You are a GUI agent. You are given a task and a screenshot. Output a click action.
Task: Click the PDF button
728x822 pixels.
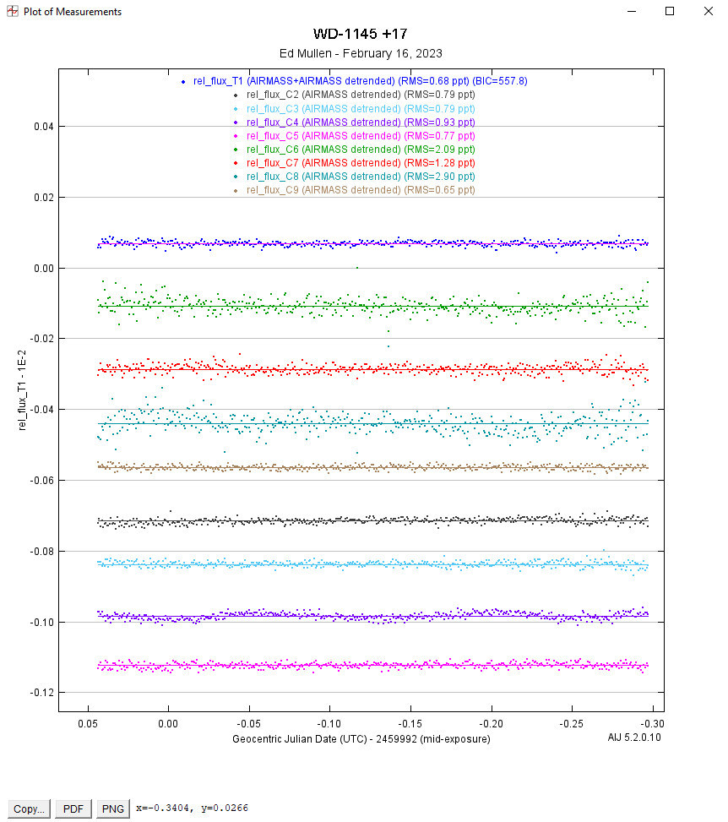click(73, 808)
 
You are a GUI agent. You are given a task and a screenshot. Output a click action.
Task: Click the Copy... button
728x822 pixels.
click(30, 808)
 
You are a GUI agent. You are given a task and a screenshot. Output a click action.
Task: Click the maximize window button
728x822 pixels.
click(670, 12)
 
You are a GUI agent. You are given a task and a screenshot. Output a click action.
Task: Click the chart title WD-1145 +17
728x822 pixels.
click(361, 35)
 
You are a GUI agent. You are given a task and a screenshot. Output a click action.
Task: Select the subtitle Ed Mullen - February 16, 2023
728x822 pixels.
click(361, 53)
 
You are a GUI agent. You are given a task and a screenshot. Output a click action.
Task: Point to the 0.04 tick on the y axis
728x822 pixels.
click(43, 127)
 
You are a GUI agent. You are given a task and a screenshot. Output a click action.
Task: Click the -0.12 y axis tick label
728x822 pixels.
click(41, 693)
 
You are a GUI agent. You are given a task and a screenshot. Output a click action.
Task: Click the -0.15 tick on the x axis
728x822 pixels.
click(410, 724)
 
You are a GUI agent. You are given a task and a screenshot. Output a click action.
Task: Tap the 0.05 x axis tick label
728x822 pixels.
click(88, 724)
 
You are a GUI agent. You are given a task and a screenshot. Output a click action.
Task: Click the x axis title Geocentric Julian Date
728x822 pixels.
click(361, 738)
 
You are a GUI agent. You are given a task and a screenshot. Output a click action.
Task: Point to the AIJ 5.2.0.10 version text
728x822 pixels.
click(635, 738)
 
